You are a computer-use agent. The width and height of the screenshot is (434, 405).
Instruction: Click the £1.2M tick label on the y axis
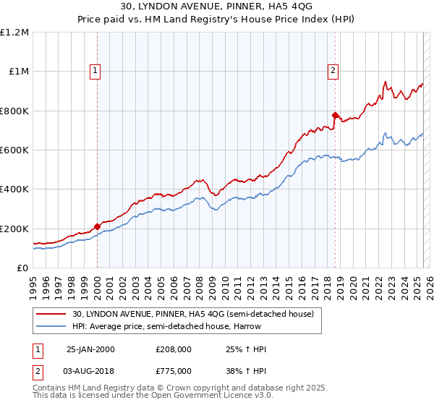[15, 33]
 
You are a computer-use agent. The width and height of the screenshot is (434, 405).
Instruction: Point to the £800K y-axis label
[15, 111]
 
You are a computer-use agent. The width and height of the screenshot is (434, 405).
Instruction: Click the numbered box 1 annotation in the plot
[96, 70]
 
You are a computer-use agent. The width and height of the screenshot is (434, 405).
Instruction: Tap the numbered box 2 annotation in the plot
[332, 70]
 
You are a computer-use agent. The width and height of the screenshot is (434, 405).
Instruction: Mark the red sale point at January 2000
[97, 227]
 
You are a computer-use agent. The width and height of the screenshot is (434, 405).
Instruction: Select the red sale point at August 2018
[335, 115]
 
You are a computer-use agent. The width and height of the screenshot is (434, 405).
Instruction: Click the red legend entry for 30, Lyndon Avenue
[192, 314]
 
